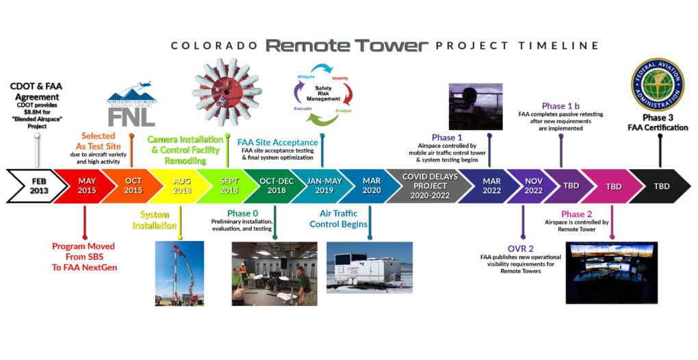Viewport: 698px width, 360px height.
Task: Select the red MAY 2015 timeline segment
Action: [86, 186]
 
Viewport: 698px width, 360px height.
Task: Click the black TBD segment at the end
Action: [660, 186]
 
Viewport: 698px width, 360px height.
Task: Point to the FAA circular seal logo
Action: [657, 84]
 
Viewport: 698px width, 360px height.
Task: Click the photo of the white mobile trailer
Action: [370, 267]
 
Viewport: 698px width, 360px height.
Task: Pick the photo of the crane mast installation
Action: [179, 273]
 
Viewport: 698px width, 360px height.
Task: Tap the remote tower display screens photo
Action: [611, 272]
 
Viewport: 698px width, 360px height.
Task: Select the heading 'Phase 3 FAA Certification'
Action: [659, 123]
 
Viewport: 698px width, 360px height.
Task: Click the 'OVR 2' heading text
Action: [522, 247]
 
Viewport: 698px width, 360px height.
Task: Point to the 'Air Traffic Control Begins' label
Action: [338, 219]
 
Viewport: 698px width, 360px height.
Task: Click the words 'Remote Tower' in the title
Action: [346, 46]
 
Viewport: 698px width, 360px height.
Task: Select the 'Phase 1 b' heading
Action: [560, 106]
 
